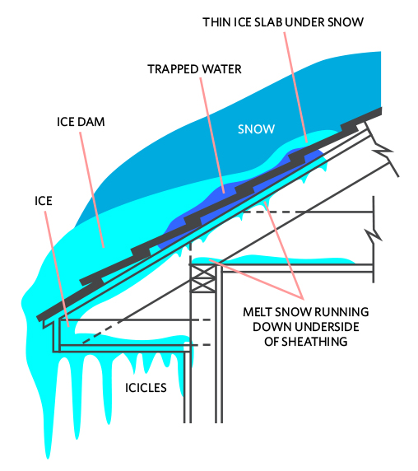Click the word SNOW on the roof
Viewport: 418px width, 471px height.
point(256,129)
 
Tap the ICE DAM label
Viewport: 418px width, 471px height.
point(81,122)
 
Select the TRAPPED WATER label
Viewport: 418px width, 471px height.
point(194,69)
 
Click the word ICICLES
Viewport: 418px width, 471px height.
point(146,388)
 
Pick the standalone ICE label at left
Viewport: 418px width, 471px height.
point(44,201)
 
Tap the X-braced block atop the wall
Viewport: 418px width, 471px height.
point(203,278)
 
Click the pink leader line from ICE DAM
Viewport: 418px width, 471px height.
point(92,190)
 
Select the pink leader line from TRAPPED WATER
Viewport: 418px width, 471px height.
point(212,135)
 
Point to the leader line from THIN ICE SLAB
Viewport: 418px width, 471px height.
point(295,87)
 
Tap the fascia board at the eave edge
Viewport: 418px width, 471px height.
point(57,335)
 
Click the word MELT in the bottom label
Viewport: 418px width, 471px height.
point(258,312)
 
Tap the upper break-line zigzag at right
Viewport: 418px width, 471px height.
point(382,150)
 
